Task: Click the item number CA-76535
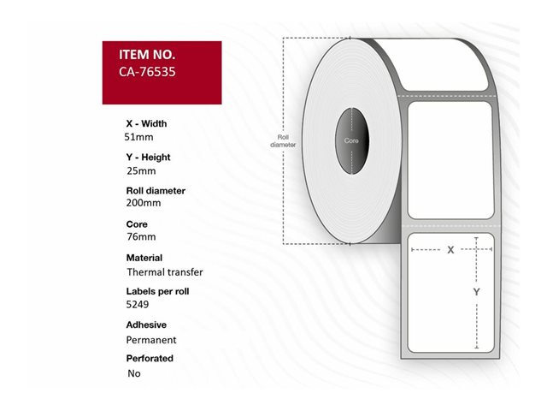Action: (x=147, y=72)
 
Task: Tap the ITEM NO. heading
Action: (x=147, y=55)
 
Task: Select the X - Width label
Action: (x=146, y=123)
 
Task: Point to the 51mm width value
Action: (x=138, y=137)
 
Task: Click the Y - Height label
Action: (x=148, y=158)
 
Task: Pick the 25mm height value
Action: (x=141, y=171)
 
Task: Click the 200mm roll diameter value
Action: (x=144, y=203)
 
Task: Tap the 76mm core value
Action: (x=141, y=236)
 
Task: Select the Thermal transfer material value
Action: (x=165, y=272)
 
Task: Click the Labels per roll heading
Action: (x=157, y=291)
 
